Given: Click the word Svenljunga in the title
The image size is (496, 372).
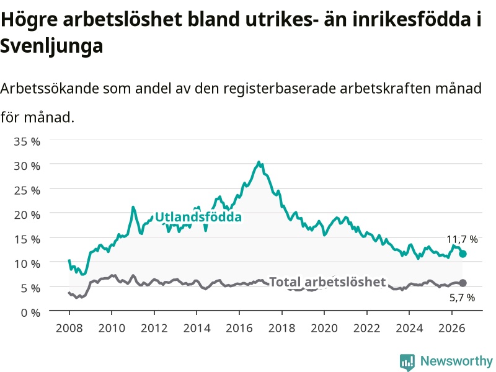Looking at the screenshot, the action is [x=51, y=46].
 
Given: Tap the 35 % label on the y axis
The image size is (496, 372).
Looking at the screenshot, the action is [x=27, y=141].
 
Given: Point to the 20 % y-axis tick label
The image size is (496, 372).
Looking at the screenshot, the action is [x=27, y=215].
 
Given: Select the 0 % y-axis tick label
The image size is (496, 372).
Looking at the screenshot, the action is [x=30, y=313].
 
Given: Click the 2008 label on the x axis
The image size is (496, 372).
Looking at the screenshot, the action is [x=69, y=328].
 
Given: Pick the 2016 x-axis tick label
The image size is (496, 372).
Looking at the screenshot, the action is [x=239, y=328].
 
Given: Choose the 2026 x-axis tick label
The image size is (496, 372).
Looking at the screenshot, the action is [x=452, y=328].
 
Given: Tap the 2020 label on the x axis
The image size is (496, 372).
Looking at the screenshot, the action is [x=324, y=328].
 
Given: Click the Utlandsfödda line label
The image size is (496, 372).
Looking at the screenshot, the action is [x=198, y=217].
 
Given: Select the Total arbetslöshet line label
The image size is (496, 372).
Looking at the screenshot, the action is [x=327, y=282].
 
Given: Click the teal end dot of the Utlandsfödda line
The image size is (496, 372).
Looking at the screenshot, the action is [x=463, y=254].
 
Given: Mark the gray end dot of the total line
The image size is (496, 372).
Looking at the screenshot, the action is [x=463, y=283].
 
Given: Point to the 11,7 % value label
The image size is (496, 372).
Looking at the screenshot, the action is [x=462, y=239].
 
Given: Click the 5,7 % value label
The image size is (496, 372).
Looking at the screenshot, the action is [x=462, y=298].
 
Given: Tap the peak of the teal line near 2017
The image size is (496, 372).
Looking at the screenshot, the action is [x=259, y=162].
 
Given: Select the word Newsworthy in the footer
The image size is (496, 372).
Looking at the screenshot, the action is [x=456, y=361].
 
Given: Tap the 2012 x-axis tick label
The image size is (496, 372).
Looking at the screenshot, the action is [x=154, y=328].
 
